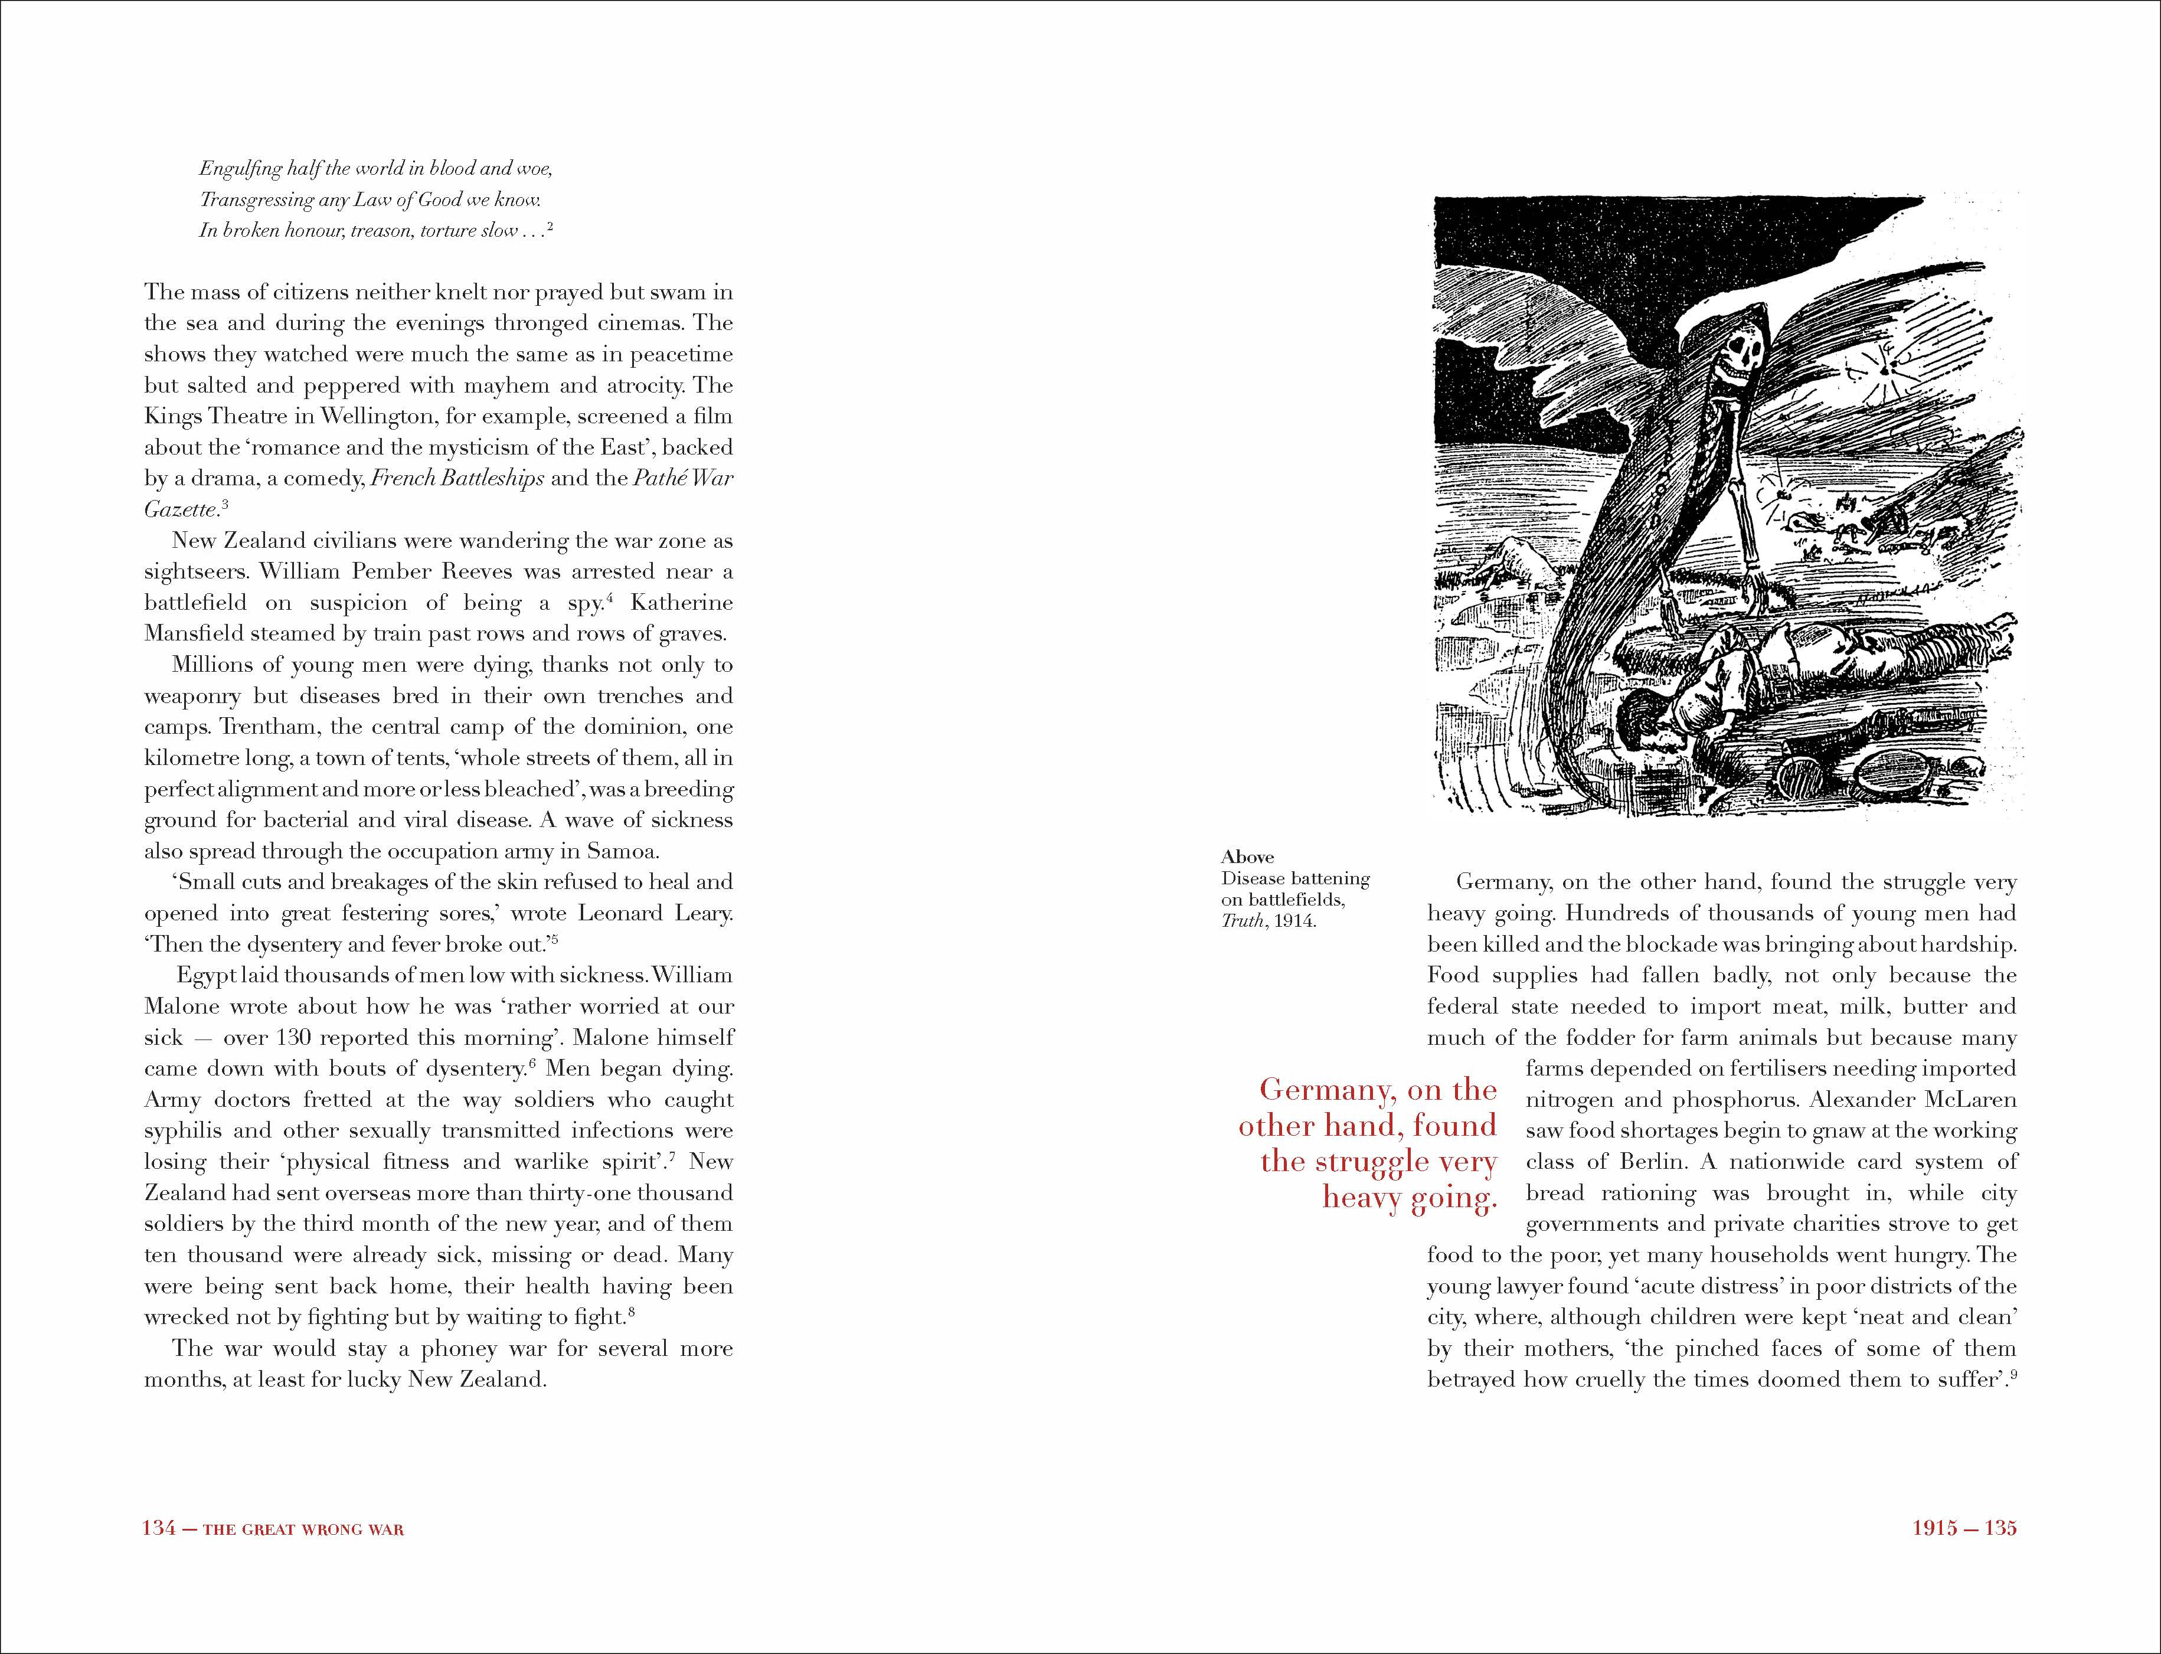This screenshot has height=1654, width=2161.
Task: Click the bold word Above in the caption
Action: coord(1247,858)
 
